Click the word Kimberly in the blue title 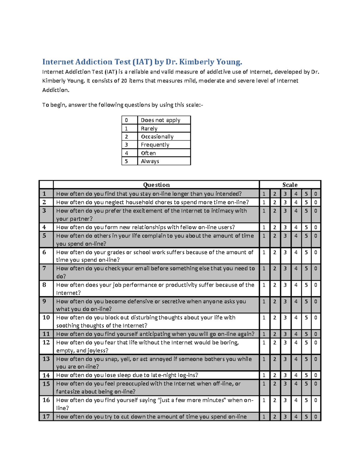click(197, 62)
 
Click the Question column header click(156, 185)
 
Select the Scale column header click(290, 185)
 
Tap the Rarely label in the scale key click(149, 128)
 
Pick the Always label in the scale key click(150, 161)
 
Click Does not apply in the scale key click(160, 120)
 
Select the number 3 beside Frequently click(126, 145)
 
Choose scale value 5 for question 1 click(306, 194)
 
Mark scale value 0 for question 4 click(316, 227)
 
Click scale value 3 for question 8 click(285, 285)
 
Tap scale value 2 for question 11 click(274, 334)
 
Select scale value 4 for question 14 click(296, 375)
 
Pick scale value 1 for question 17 click(264, 416)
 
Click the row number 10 click(46, 317)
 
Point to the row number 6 click(44, 252)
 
